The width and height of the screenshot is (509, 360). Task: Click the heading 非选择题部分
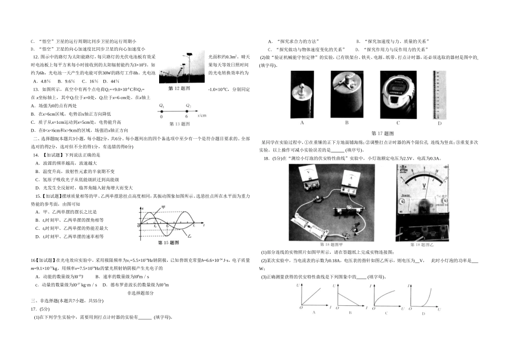pos(140,293)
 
